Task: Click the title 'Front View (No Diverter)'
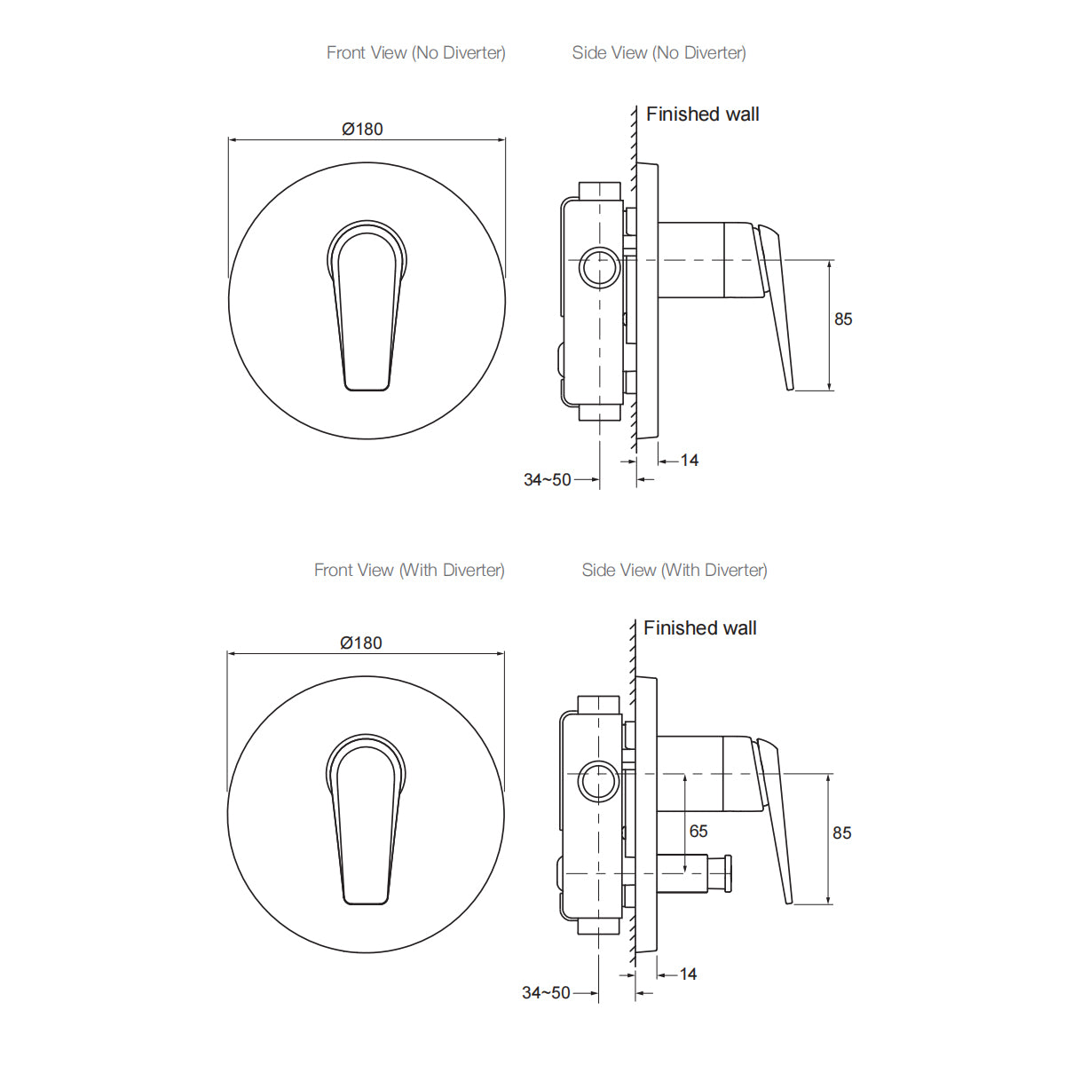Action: point(415,53)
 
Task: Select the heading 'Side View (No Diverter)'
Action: point(659,53)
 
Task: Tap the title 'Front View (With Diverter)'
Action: point(409,571)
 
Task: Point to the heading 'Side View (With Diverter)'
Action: point(674,571)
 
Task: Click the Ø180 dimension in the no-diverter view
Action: point(362,130)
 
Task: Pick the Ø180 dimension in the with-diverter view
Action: point(361,643)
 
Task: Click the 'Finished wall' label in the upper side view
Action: point(702,114)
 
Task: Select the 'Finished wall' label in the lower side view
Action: point(699,628)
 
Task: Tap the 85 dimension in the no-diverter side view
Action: point(843,319)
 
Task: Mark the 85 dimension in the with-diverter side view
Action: point(841,833)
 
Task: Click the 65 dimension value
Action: point(698,832)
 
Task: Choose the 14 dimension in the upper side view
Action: point(690,461)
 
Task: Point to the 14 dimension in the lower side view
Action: point(688,974)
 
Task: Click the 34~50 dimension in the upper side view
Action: point(547,480)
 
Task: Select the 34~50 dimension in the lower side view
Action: point(546,993)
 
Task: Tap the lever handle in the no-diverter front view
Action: point(367,311)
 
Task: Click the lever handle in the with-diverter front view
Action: point(366,825)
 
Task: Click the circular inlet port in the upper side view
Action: point(600,267)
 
